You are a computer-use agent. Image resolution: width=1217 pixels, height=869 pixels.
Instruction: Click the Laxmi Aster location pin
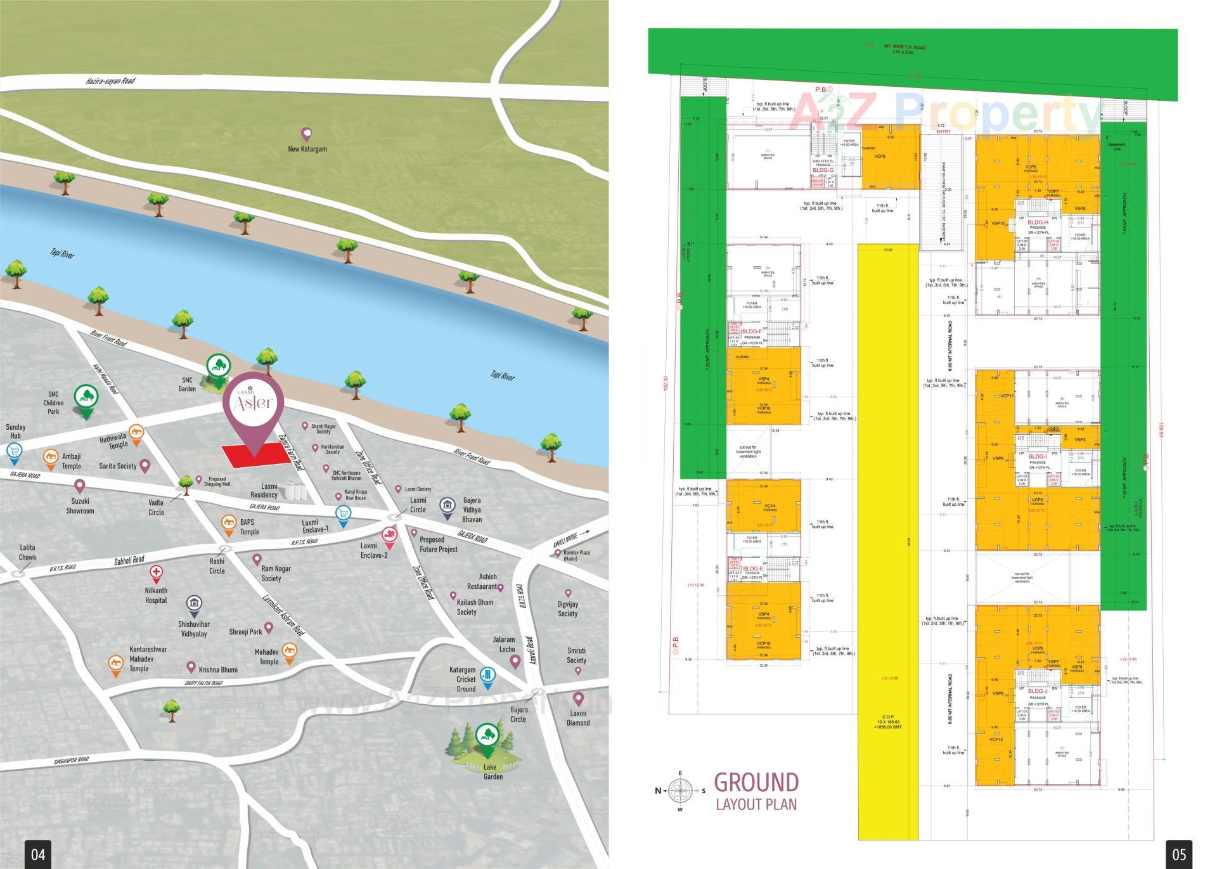252,406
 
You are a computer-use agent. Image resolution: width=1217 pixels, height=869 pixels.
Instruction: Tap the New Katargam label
307,149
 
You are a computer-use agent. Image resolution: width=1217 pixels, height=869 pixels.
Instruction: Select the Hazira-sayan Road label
110,81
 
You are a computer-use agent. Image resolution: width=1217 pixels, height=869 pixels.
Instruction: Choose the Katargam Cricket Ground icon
487,677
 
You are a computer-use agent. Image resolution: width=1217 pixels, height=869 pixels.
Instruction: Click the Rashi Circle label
217,566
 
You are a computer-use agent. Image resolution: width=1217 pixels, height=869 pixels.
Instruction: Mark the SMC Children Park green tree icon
85,397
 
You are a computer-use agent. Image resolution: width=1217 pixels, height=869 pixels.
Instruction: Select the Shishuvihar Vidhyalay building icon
194,605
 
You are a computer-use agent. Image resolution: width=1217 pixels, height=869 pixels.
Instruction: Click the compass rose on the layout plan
681,790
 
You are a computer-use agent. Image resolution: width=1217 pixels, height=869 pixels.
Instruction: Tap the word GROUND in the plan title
756,783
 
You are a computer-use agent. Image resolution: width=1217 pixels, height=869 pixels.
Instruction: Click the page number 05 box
1178,854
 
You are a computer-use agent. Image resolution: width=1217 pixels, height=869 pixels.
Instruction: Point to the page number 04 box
38,854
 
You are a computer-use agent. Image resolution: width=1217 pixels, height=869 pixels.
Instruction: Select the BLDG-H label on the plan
1038,222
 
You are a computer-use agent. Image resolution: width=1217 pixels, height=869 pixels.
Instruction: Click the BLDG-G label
823,170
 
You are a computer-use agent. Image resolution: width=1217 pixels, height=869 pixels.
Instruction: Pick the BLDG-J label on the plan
1038,691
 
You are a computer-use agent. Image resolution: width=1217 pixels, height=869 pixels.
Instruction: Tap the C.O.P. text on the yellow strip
887,716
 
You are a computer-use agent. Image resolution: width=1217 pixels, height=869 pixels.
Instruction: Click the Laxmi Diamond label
578,718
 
